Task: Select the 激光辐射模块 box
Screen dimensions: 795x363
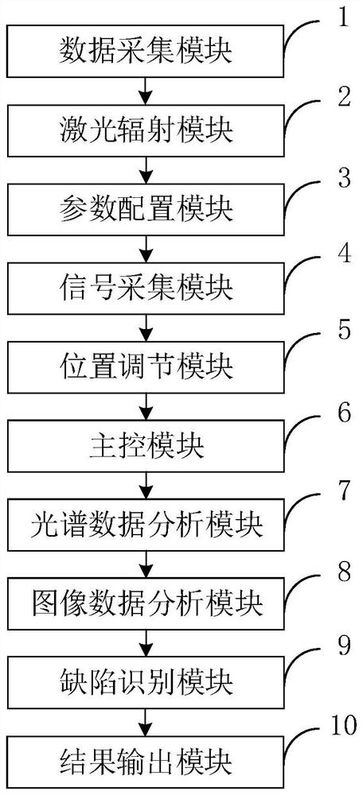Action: (146, 130)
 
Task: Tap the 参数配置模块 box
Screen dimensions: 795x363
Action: (146, 209)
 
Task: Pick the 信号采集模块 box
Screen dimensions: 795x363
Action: (146, 289)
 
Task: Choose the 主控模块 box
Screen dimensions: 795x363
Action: (146, 447)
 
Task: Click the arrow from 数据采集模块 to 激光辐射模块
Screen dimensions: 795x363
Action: (146, 90)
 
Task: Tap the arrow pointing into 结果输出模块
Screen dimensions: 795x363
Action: (146, 722)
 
